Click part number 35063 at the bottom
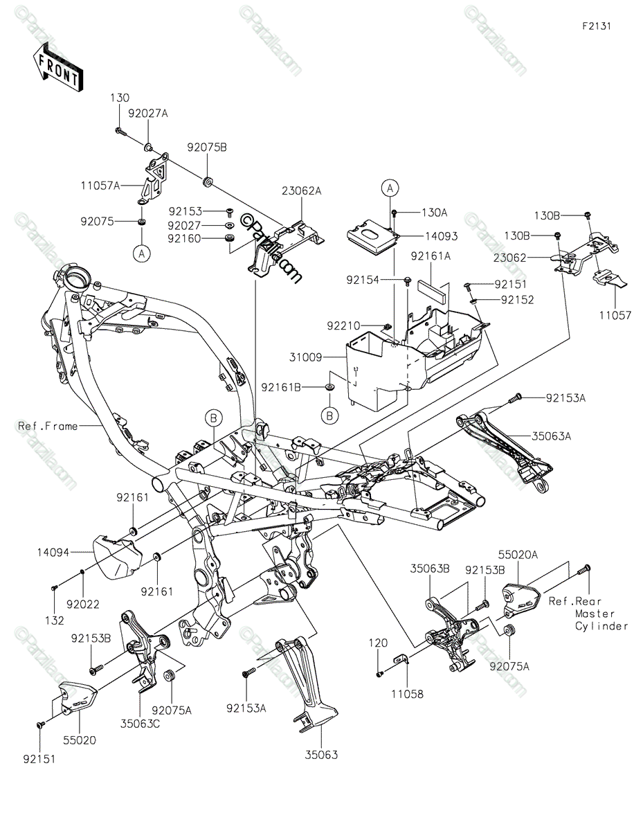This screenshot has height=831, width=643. point(320,755)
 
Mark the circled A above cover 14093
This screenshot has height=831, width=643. point(390,188)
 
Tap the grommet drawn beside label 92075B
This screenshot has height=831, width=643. point(206,182)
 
